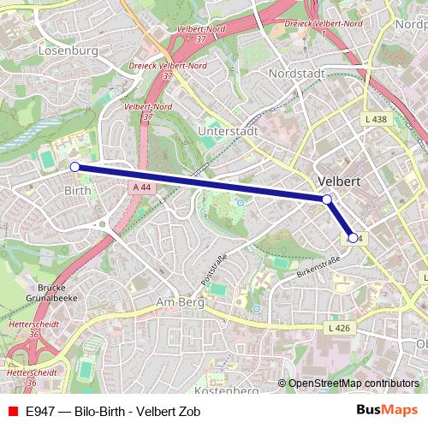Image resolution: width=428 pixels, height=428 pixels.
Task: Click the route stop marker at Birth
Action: pyautogui.click(x=74, y=167)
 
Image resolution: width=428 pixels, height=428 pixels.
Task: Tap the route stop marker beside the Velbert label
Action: pyautogui.click(x=327, y=199)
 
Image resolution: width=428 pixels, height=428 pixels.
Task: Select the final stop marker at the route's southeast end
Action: pyautogui.click(x=354, y=237)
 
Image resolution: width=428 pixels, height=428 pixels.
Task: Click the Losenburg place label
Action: pyautogui.click(x=68, y=51)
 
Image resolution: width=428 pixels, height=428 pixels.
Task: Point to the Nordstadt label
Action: pyautogui.click(x=296, y=74)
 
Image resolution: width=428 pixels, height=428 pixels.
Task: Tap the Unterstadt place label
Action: pyautogui.click(x=227, y=131)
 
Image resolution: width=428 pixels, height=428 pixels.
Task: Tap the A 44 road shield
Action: pyautogui.click(x=141, y=187)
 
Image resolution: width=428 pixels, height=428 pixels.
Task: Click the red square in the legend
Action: pyautogui.click(x=12, y=411)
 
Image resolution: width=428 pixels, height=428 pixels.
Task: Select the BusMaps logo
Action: pyautogui.click(x=387, y=410)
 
